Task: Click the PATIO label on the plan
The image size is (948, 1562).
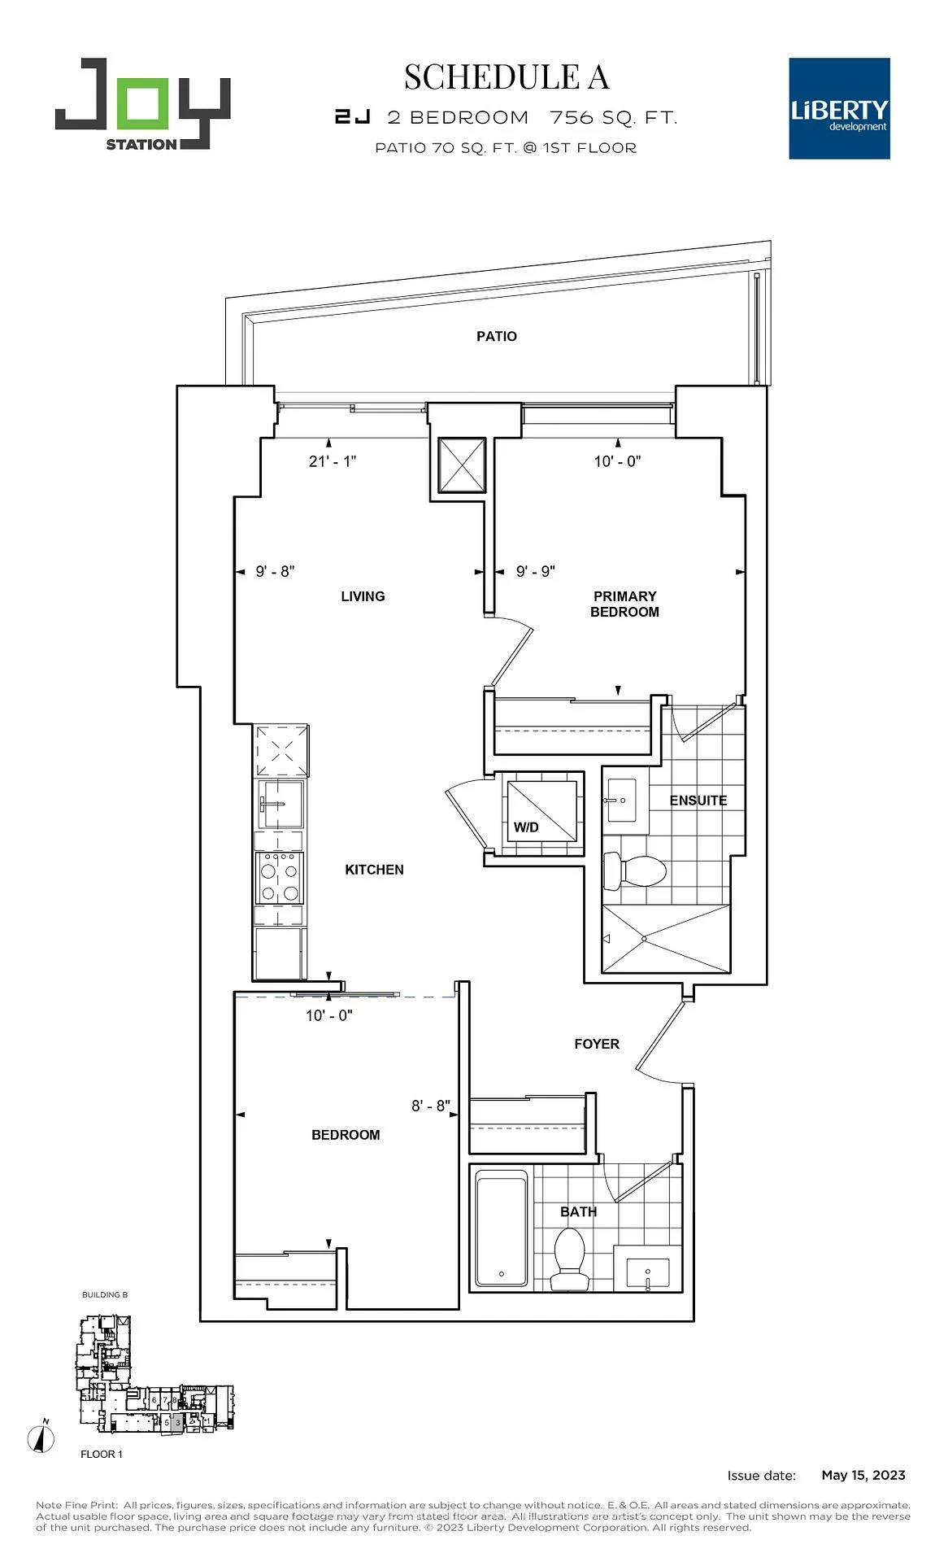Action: (496, 336)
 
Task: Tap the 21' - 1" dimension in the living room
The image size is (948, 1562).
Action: (333, 461)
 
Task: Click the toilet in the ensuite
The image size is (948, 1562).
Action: (634, 871)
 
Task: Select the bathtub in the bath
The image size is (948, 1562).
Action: (501, 1228)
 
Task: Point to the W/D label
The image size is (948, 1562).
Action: (526, 827)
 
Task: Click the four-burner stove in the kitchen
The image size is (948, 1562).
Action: (280, 877)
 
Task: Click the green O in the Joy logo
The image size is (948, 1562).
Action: (143, 103)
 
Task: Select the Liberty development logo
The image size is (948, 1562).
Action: (839, 108)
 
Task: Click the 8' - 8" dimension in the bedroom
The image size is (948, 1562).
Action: (430, 1106)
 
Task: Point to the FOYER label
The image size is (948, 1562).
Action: (596, 1044)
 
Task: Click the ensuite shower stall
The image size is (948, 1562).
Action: (666, 939)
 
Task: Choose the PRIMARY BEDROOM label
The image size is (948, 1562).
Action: (624, 604)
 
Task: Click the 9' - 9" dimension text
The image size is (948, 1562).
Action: (535, 571)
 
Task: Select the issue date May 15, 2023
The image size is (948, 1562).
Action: (863, 1475)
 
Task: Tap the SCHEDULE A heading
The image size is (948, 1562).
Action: (506, 77)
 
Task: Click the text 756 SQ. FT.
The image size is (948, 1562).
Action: (613, 118)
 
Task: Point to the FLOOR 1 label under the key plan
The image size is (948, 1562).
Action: (102, 1454)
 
